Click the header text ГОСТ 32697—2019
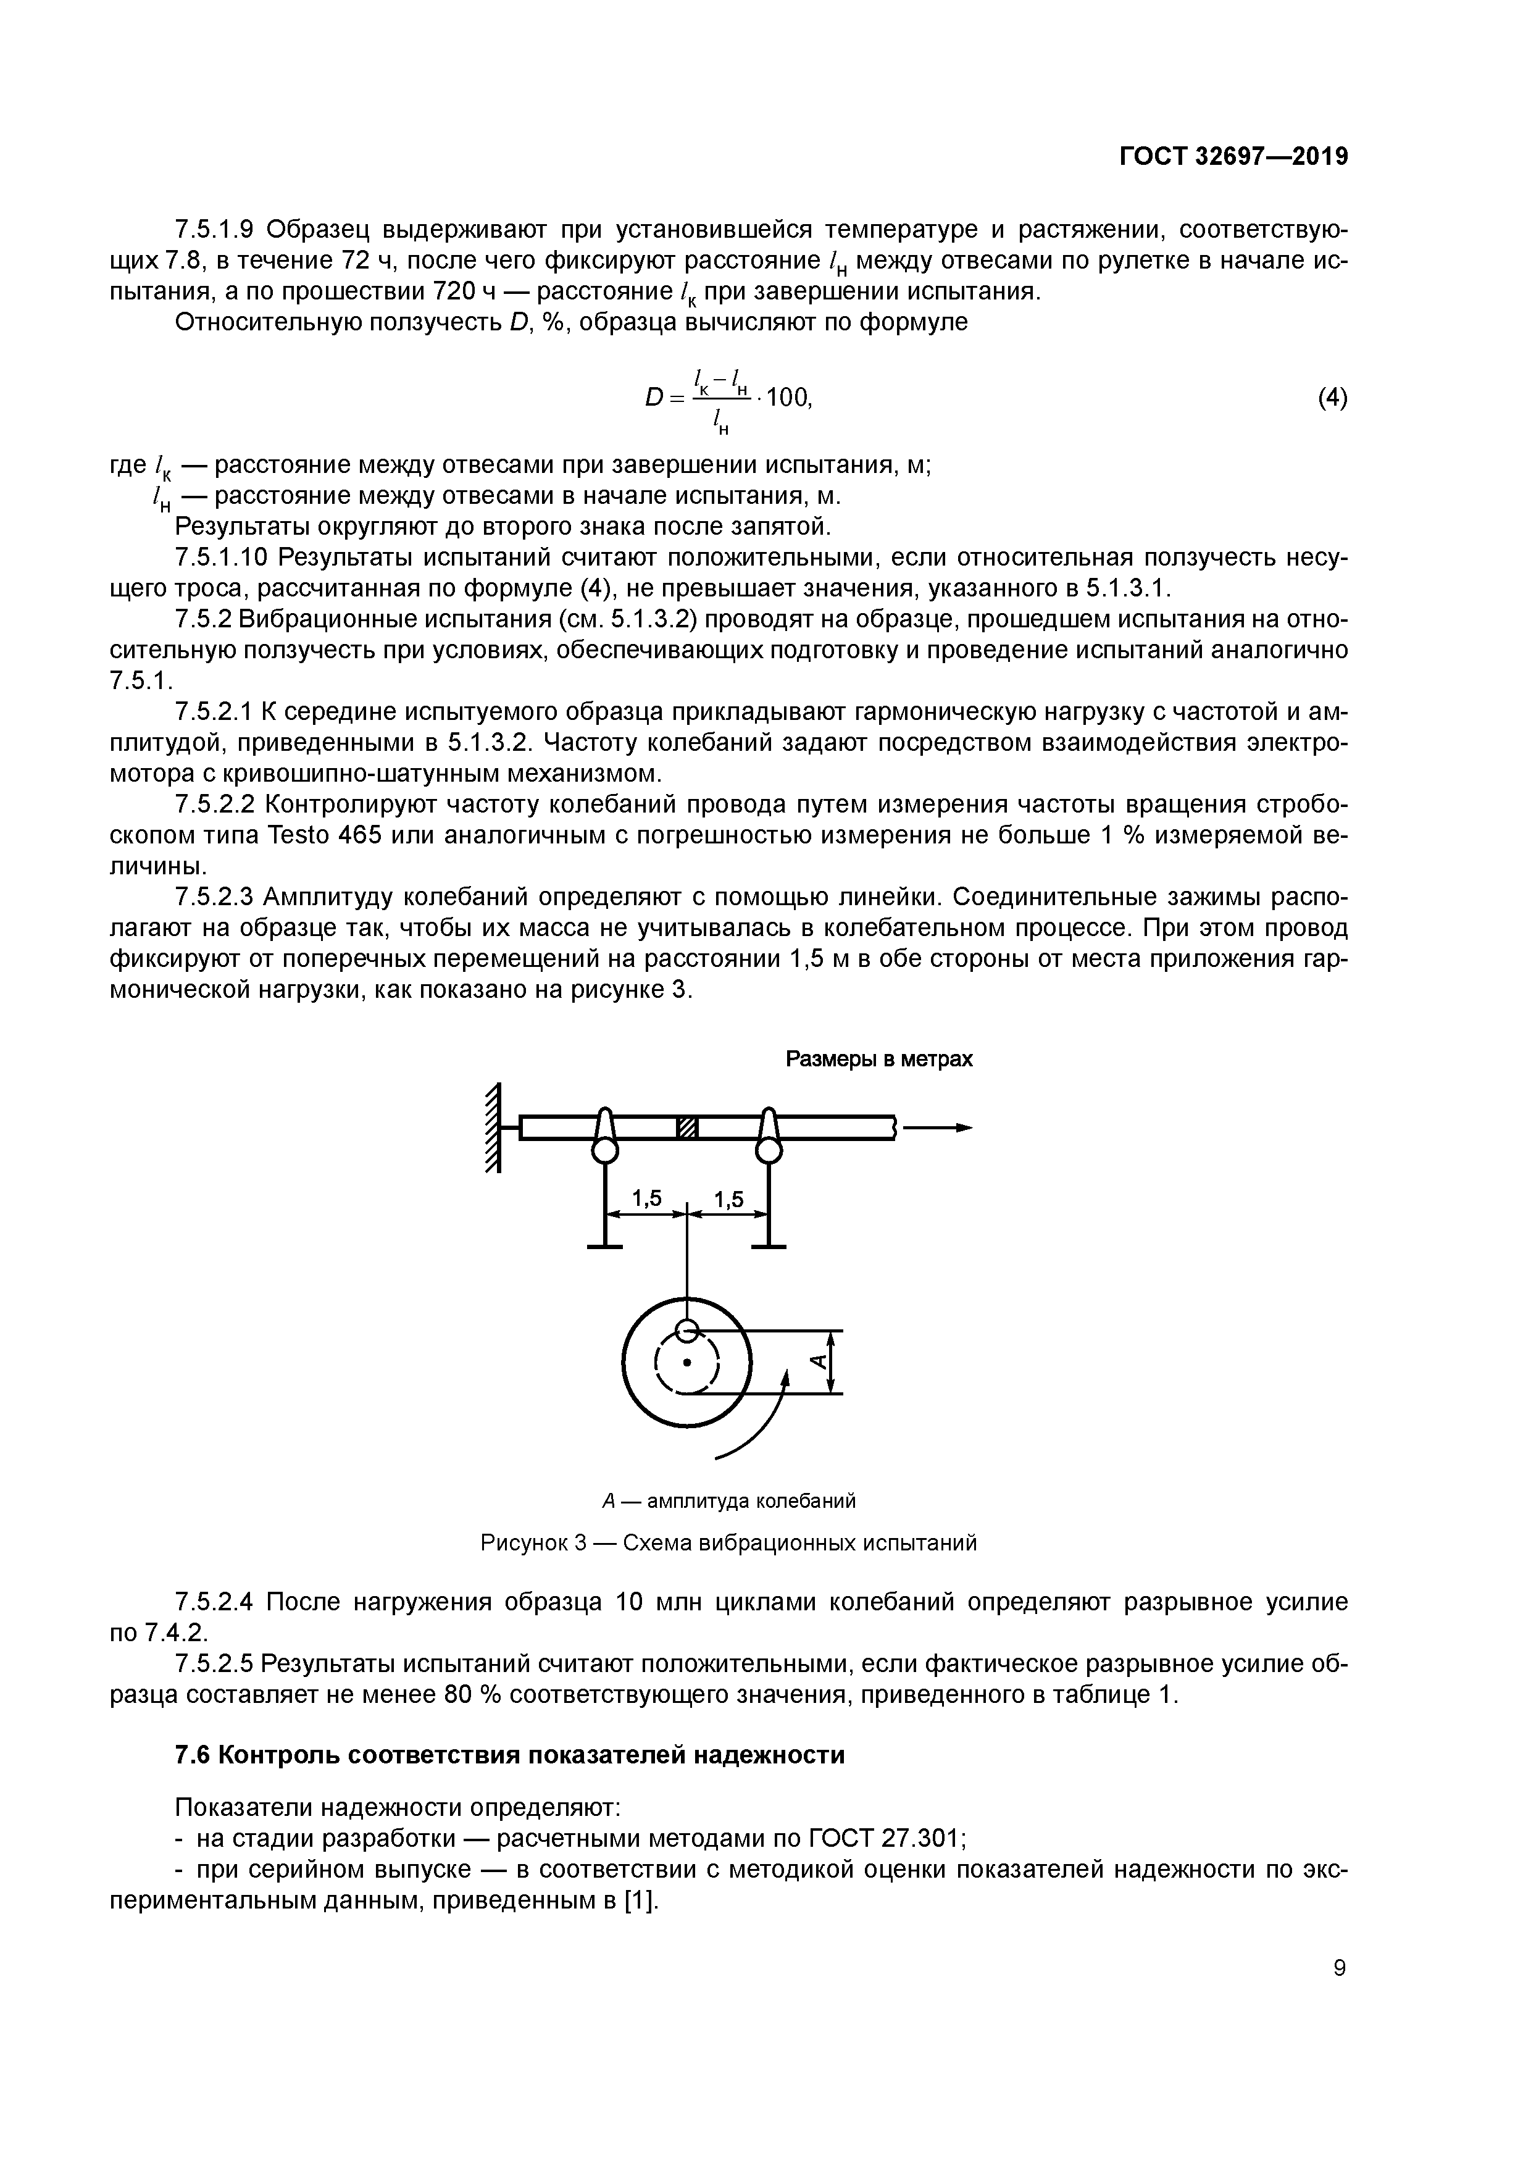[x=1233, y=157]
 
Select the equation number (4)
[x=1332, y=398]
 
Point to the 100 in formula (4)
[x=788, y=398]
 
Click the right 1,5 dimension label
[x=728, y=1199]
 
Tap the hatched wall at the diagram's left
[x=491, y=1128]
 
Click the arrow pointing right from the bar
[x=938, y=1127]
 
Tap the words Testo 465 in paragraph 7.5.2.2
[x=325, y=836]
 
